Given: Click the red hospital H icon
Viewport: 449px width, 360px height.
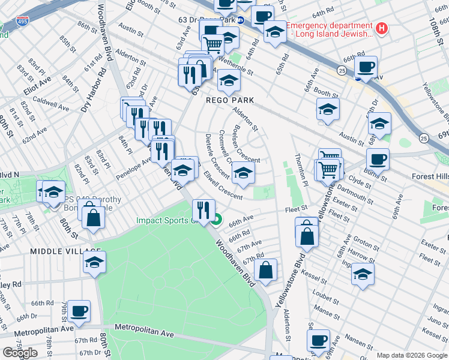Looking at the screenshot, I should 381,28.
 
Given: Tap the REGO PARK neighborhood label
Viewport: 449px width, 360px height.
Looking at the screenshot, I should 230,100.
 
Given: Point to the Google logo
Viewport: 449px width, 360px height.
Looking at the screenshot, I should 20,352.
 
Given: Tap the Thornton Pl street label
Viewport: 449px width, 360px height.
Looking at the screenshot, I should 302,175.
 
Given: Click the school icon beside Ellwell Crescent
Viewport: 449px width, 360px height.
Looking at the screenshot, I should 243,173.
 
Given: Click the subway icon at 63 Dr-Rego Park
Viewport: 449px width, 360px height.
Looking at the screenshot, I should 241,20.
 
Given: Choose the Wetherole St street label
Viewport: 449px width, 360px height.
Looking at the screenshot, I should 234,66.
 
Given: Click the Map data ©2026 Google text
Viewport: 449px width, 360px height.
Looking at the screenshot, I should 412,355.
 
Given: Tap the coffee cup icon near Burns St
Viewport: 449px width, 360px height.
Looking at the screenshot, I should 378,160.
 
